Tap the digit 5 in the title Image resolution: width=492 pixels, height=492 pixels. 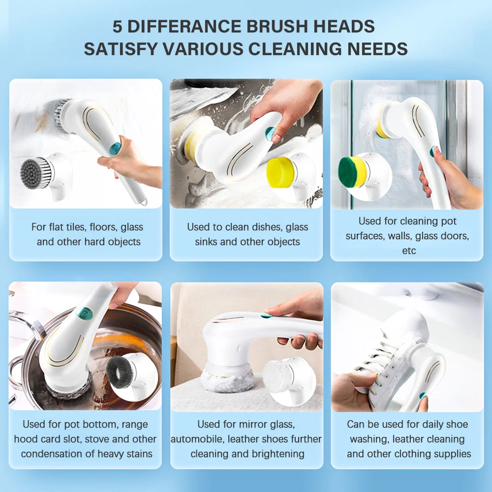point(117,26)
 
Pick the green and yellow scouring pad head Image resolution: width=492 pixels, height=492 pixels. point(353,172)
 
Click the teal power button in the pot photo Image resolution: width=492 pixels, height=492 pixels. point(85,313)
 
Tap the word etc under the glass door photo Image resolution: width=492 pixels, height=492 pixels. point(408,251)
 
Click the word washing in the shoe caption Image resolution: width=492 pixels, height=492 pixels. point(370,439)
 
